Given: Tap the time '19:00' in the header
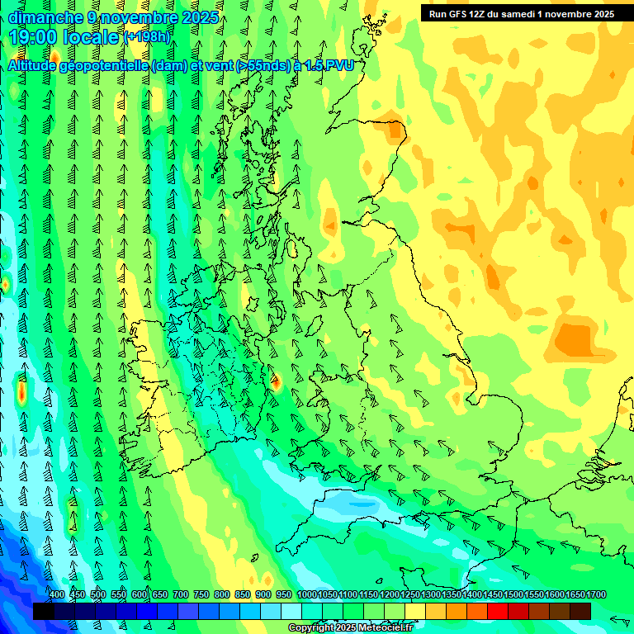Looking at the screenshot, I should coord(34,36).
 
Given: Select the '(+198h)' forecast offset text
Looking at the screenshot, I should coord(149,37).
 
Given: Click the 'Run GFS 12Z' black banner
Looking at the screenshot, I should coord(522,13).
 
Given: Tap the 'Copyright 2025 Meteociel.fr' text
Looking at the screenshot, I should coord(350,628).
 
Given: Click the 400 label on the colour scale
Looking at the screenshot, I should coord(57,595).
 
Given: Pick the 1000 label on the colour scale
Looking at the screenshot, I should coord(307,595).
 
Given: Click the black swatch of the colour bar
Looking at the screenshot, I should coord(43,611).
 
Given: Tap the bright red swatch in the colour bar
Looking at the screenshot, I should coord(497,611).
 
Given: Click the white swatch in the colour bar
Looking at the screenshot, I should coord(291,611).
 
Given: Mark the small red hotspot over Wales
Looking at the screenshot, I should coord(276,382).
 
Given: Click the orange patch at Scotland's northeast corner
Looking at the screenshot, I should coord(396,130).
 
